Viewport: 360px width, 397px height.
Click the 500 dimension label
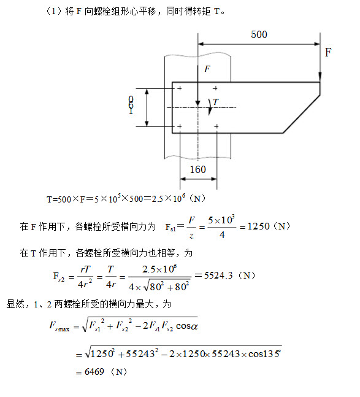point(259,34)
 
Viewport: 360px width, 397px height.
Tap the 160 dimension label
point(198,169)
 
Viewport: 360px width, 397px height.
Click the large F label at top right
point(328,52)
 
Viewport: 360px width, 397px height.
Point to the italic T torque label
point(215,102)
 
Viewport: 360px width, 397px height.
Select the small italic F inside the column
point(207,69)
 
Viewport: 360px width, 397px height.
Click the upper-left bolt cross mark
point(179,88)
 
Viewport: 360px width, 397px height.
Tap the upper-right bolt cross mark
point(215,88)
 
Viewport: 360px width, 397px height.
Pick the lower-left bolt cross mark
point(179,126)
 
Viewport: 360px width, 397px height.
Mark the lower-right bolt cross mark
point(216,126)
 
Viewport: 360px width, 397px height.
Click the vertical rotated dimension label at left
point(131,105)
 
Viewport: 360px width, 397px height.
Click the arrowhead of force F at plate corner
point(320,77)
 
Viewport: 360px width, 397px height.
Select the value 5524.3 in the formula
point(218,276)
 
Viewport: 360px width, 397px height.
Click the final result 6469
point(94,372)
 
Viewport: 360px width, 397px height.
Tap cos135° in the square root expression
point(264,353)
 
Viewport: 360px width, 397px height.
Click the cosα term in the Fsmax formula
point(186,326)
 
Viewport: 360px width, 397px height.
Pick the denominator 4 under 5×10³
point(222,235)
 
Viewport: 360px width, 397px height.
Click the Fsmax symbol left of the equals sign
point(59,326)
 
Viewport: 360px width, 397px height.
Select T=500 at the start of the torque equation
point(59,199)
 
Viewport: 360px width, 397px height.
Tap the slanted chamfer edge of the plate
point(302,114)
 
